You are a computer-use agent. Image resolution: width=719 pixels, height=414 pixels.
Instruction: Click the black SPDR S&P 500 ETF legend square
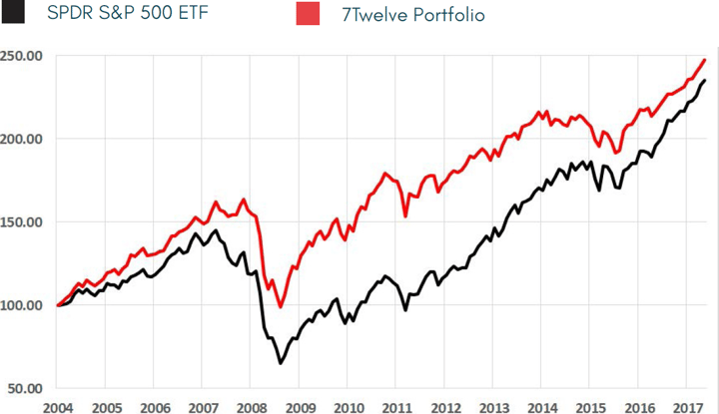(x=9, y=16)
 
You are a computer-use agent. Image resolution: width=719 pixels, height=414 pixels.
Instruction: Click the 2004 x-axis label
(x=59, y=406)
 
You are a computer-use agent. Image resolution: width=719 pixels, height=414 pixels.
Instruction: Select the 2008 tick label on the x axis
(x=252, y=406)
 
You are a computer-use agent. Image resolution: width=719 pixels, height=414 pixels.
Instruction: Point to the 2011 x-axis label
(x=397, y=406)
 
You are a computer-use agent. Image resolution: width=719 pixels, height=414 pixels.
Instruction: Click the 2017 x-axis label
(x=688, y=406)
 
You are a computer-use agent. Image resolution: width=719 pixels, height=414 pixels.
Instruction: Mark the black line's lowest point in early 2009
(x=281, y=363)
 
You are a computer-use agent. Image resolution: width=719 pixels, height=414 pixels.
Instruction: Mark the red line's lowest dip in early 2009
(x=281, y=307)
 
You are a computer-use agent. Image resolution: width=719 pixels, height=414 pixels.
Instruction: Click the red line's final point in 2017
(x=705, y=60)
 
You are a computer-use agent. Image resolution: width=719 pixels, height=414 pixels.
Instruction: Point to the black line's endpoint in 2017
(x=705, y=81)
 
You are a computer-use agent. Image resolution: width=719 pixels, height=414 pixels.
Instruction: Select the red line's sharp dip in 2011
(x=405, y=215)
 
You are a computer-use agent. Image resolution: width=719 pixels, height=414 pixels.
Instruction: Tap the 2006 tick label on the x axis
(x=155, y=406)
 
